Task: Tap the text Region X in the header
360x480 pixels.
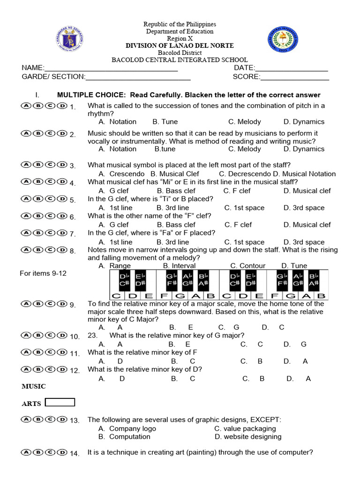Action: pyautogui.click(x=180, y=38)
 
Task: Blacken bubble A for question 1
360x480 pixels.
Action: pyautogui.click(x=26, y=106)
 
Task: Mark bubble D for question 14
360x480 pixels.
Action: pyautogui.click(x=62, y=452)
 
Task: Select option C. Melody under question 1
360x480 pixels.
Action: pyautogui.click(x=244, y=121)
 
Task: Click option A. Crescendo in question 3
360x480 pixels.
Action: pyautogui.click(x=121, y=174)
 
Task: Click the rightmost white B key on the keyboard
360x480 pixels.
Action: pyautogui.click(x=321, y=296)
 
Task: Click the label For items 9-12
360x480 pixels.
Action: pyautogui.click(x=43, y=273)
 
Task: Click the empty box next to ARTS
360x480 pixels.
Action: pyautogui.click(x=60, y=402)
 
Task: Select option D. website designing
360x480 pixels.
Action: pyautogui.click(x=248, y=436)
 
